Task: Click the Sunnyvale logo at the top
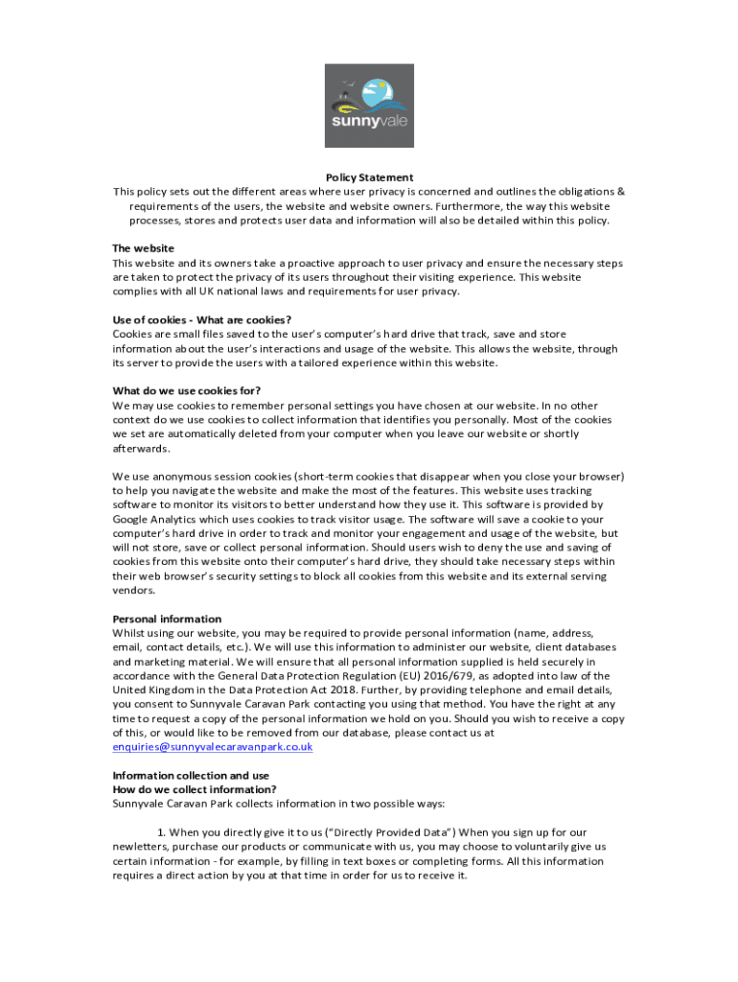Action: click(369, 105)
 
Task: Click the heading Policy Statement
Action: click(369, 177)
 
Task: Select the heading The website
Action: click(144, 248)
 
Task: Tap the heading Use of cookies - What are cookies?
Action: click(202, 319)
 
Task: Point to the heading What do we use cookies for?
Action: click(187, 390)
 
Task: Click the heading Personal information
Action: click(167, 619)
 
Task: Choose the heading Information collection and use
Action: click(191, 775)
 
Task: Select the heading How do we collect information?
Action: click(195, 789)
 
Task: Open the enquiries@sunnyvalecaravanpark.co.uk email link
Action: click(213, 747)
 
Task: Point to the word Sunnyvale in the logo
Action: click(369, 123)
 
